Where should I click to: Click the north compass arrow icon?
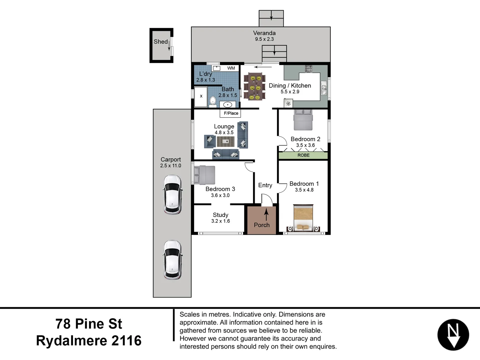click(453, 335)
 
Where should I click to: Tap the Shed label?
click(160, 42)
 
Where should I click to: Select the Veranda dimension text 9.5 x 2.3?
click(264, 39)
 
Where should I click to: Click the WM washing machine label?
click(231, 68)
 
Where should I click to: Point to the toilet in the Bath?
click(213, 101)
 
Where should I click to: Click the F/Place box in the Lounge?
click(230, 113)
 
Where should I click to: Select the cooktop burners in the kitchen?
click(308, 69)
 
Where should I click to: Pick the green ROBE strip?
click(303, 155)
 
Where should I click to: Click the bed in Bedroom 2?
click(303, 120)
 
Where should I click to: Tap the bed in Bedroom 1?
click(303, 218)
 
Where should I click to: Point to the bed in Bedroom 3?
click(205, 175)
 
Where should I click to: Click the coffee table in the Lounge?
click(226, 142)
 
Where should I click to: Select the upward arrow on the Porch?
click(266, 214)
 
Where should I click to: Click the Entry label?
click(265, 185)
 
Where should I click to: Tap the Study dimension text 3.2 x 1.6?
click(220, 221)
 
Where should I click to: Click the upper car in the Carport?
click(172, 195)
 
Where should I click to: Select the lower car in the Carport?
click(172, 260)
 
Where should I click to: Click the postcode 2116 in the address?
click(126, 341)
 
